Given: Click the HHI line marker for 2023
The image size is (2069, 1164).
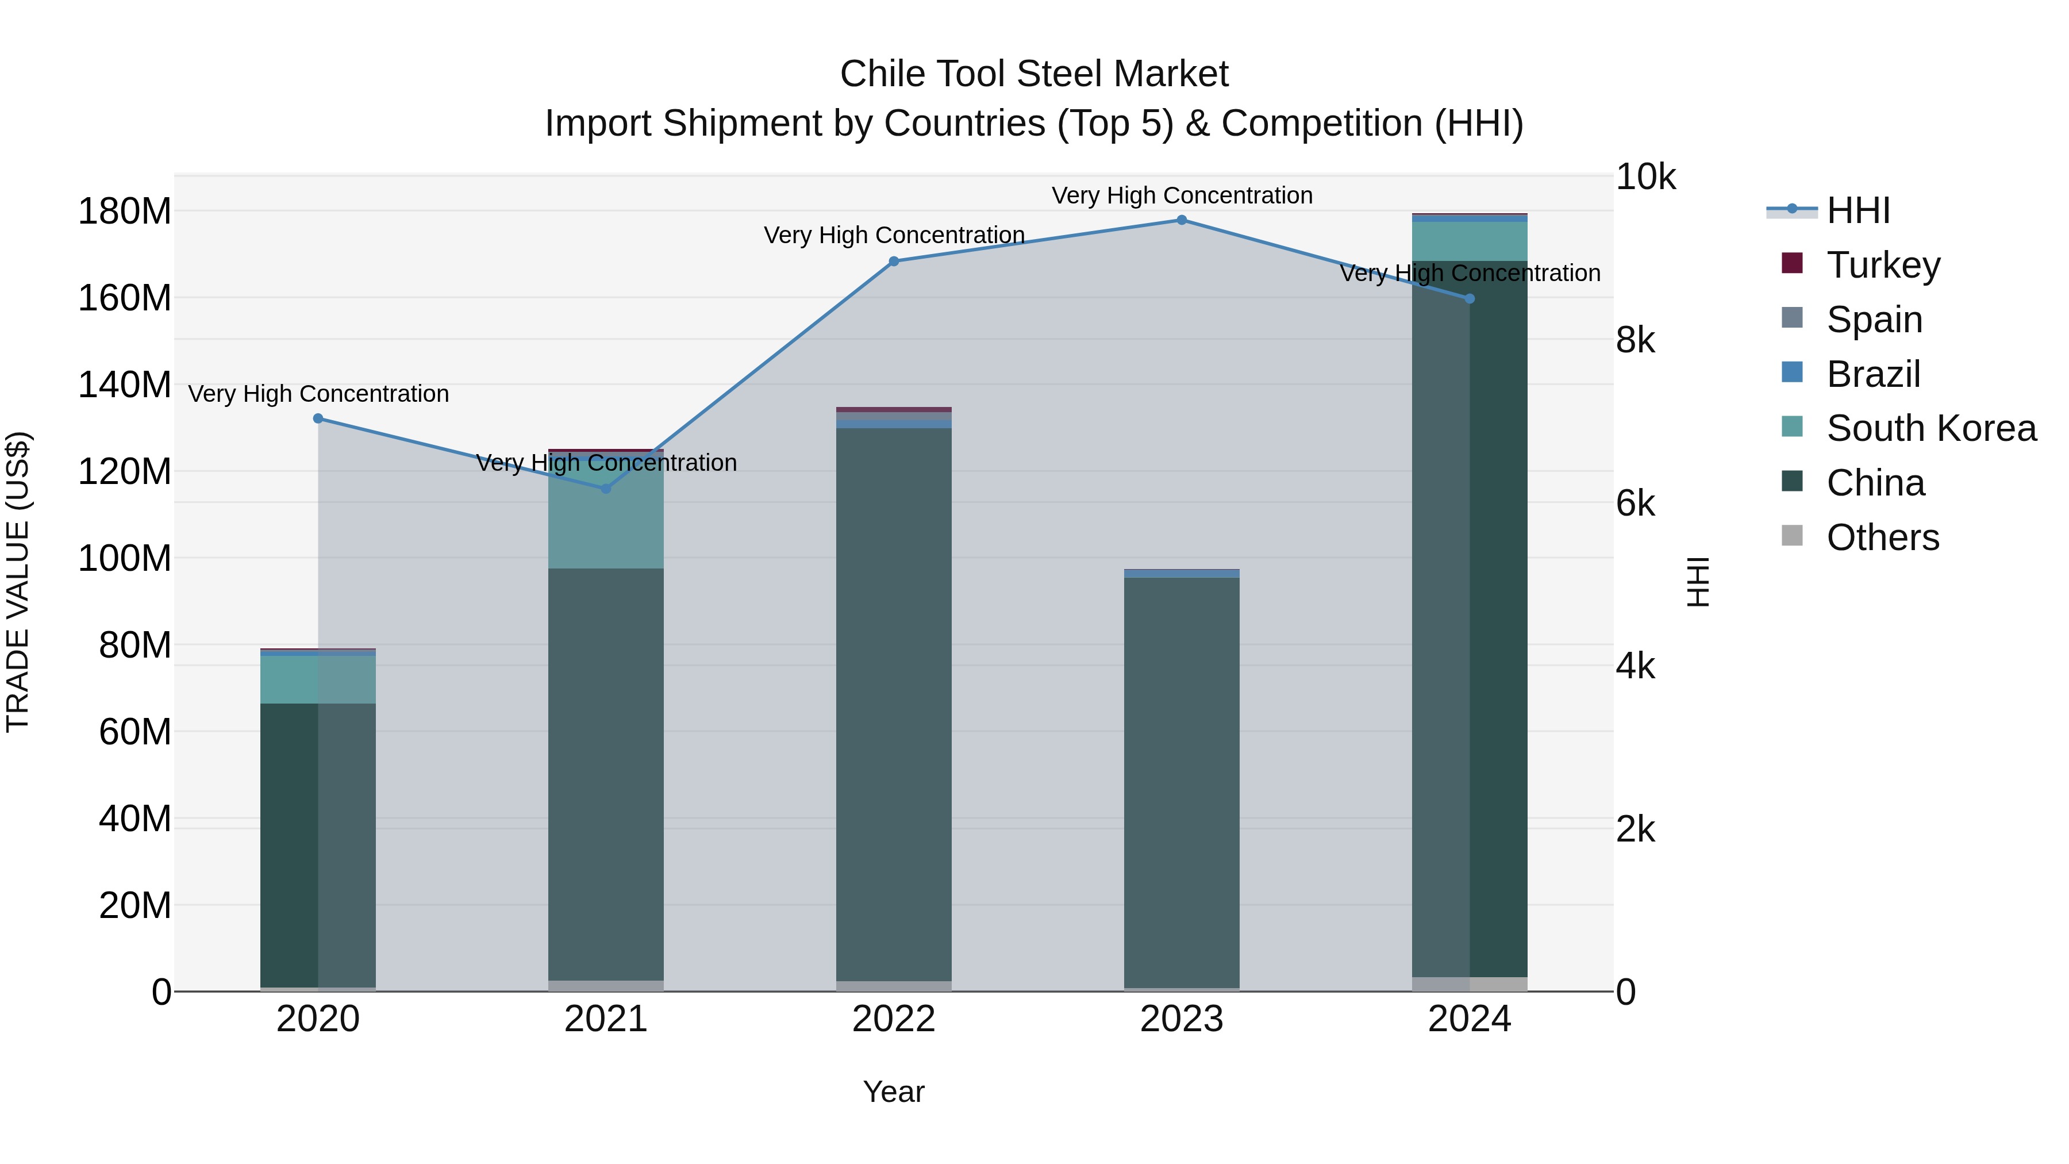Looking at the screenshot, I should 1182,220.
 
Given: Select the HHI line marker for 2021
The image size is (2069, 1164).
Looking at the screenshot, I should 606,489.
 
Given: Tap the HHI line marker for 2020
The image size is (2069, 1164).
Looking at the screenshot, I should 318,418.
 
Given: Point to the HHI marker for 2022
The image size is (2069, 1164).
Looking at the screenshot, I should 894,261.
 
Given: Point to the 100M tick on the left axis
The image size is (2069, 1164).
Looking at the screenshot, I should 125,558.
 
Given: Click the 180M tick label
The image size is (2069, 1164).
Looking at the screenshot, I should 125,212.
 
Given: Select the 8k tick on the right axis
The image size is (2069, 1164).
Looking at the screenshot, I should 1635,341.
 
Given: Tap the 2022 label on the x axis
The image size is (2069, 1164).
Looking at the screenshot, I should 894,1019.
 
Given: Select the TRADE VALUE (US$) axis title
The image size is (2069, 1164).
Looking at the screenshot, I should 18,582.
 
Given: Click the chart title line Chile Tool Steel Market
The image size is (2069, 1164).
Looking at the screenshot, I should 1034,74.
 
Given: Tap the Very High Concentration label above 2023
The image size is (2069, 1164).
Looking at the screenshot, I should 1182,195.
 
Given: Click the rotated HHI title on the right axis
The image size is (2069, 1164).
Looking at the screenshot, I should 1697,582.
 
